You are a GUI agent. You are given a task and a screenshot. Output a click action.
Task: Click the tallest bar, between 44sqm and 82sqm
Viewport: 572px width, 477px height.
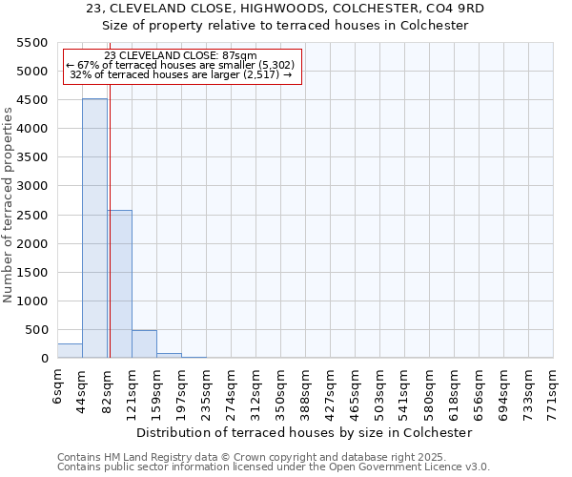click(94, 229)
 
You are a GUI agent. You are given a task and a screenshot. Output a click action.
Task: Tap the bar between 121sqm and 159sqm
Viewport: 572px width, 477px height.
click(144, 344)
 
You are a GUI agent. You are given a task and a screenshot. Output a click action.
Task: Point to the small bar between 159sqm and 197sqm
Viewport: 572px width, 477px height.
click(169, 355)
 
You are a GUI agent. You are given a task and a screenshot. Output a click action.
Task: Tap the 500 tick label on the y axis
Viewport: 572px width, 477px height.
click(37, 330)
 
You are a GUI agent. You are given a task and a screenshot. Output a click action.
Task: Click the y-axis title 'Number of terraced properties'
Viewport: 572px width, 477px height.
click(9, 205)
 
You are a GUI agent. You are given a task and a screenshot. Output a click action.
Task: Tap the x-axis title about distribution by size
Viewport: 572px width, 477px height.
click(305, 432)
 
